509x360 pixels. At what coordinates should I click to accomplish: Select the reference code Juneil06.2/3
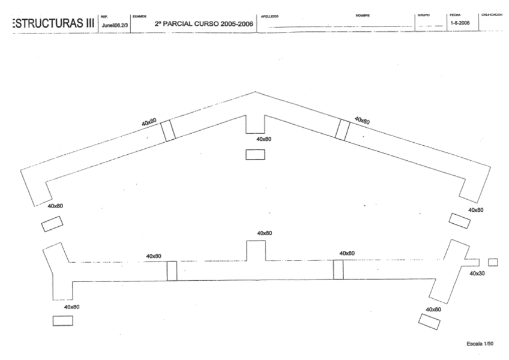114,25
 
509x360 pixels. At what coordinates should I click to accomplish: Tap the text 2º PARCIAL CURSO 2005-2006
203,24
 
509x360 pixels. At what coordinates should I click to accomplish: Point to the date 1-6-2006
460,22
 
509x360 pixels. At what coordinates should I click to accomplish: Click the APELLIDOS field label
270,16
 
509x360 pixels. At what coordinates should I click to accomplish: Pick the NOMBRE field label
362,15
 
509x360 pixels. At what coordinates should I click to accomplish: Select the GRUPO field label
423,15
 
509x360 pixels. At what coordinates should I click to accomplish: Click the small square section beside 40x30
493,262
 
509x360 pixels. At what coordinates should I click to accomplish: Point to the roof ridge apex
255,92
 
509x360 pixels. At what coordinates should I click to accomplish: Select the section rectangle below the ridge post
255,154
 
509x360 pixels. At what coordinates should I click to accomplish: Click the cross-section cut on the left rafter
169,130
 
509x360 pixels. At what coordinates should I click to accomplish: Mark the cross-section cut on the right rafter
342,130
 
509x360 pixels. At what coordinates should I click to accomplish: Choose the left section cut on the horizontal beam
172,271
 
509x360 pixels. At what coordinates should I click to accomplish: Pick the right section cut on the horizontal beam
339,269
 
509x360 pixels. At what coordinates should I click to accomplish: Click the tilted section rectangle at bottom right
429,321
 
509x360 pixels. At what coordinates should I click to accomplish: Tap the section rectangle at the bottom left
63,320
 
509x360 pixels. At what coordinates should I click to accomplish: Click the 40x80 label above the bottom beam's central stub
264,233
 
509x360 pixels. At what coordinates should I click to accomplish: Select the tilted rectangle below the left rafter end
51,224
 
